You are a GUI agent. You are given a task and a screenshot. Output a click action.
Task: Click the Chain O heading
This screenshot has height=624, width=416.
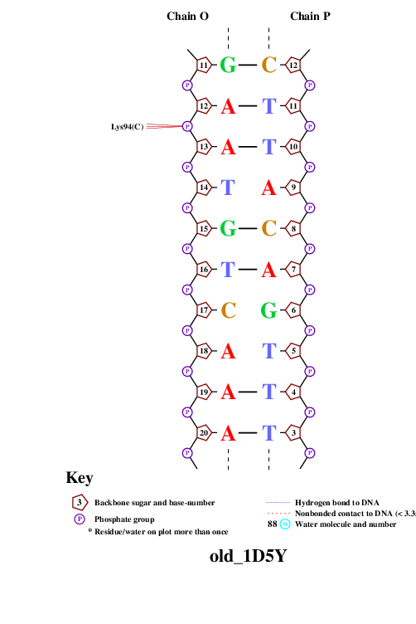pos(187,16)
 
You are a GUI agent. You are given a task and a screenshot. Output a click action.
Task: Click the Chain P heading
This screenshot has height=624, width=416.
pos(310,16)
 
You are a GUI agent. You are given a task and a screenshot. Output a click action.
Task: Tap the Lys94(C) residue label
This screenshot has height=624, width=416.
pos(127,127)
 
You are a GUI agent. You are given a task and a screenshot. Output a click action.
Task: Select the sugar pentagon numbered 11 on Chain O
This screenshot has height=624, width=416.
pos(204,65)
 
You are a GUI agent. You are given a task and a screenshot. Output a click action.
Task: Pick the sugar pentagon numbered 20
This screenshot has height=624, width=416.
pos(204,432)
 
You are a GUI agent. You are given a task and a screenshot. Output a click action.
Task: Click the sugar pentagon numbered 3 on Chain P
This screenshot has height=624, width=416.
pos(293,432)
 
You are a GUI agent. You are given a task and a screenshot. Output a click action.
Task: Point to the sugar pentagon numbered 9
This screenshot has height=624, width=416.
pos(293,187)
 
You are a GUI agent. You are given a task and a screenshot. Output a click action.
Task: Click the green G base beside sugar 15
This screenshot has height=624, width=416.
pos(228,228)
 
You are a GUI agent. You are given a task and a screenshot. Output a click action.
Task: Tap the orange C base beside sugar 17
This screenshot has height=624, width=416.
pos(229,310)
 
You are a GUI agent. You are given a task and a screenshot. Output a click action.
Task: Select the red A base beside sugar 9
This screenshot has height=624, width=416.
pos(268,188)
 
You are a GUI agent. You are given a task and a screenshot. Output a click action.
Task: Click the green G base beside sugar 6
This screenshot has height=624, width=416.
pos(268,310)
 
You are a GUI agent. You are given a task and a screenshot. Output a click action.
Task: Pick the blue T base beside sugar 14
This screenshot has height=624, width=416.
pos(228,188)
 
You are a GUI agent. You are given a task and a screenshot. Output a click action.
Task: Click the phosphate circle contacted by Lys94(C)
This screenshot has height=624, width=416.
pos(187,126)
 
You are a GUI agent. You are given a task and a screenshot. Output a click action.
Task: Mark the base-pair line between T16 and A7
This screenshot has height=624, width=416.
pos(248,270)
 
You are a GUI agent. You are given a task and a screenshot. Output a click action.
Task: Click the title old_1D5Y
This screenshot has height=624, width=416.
pos(248,556)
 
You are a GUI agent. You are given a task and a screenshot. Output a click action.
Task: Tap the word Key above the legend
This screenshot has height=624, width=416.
pos(80,478)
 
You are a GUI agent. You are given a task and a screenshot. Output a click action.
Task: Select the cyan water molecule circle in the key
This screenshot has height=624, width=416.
pos(285,524)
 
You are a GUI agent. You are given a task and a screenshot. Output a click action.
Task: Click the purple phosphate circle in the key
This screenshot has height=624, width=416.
pos(80,519)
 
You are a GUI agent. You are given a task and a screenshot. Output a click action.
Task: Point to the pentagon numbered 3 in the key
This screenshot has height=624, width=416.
pos(80,503)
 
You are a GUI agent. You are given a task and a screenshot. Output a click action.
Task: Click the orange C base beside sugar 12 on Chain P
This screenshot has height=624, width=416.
pos(269,65)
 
